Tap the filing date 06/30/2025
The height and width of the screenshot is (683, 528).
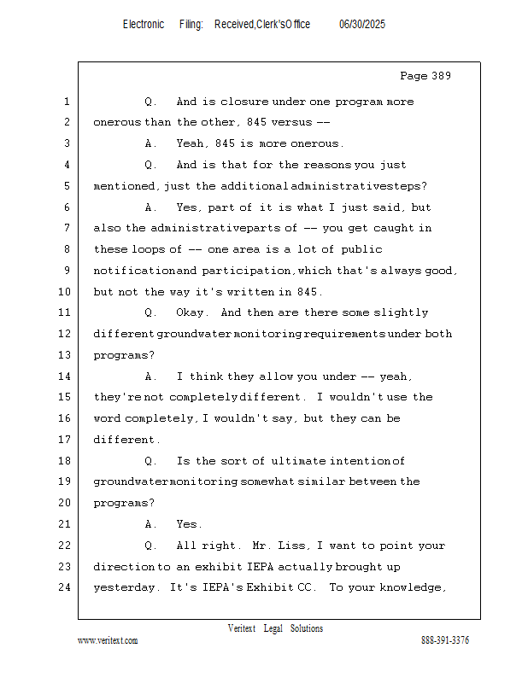(x=361, y=25)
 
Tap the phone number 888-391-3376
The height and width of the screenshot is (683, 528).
(x=444, y=640)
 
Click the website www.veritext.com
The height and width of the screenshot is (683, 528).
(x=108, y=640)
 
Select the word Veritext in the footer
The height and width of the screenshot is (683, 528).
(x=241, y=628)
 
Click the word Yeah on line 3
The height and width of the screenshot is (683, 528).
(x=191, y=144)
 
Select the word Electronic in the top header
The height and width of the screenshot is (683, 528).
(x=144, y=25)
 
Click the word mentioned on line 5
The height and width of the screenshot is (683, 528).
(x=124, y=186)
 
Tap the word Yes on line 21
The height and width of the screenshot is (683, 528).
(x=188, y=524)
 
